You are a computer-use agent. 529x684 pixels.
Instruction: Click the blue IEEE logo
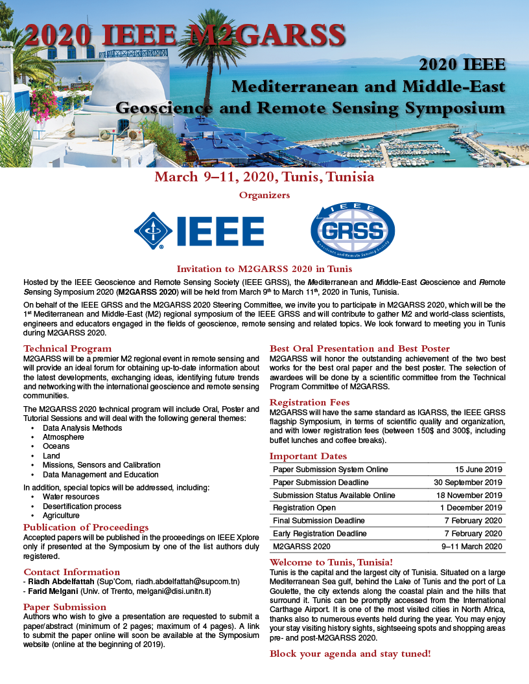tap(199, 231)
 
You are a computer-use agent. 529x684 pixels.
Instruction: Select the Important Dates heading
tap(308, 456)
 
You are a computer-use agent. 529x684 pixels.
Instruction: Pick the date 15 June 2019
tap(478, 470)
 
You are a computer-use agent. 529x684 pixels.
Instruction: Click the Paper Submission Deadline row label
tap(321, 483)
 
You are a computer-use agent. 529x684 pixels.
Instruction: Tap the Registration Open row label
tap(304, 508)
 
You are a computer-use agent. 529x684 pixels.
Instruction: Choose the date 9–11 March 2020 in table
tap(472, 547)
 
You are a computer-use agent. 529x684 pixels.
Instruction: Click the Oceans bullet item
tap(56, 446)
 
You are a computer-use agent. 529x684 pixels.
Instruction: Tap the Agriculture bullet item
tap(62, 516)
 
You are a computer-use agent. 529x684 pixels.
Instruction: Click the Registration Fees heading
tap(309, 402)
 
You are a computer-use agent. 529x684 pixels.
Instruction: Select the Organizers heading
tap(264, 194)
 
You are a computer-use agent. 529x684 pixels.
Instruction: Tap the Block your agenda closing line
tap(349, 654)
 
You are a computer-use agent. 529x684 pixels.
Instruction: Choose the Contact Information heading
tap(71, 572)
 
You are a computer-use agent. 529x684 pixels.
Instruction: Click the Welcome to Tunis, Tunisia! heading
tap(331, 562)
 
